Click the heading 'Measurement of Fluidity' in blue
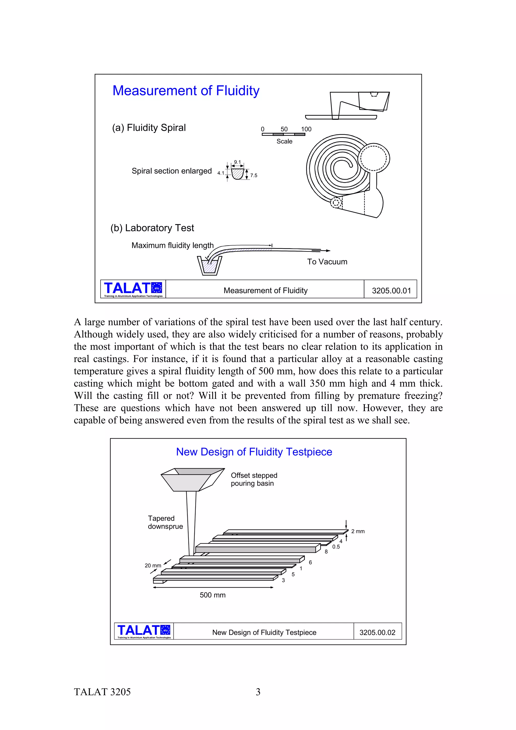(x=186, y=91)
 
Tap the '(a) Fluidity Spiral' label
(x=149, y=128)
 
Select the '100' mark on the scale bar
(x=306, y=129)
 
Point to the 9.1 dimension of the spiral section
(x=238, y=162)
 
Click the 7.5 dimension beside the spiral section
(x=254, y=176)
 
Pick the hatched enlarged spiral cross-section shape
(x=237, y=174)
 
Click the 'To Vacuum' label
(x=327, y=262)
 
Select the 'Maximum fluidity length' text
(x=173, y=245)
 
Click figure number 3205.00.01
(x=391, y=291)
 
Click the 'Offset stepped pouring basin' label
(x=254, y=479)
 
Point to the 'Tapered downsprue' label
(x=165, y=522)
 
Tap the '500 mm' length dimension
(x=213, y=595)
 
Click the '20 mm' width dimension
(x=153, y=565)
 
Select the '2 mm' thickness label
(x=358, y=531)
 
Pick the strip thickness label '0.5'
(x=336, y=547)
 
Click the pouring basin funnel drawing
(x=192, y=479)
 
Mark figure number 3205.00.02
(x=377, y=633)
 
